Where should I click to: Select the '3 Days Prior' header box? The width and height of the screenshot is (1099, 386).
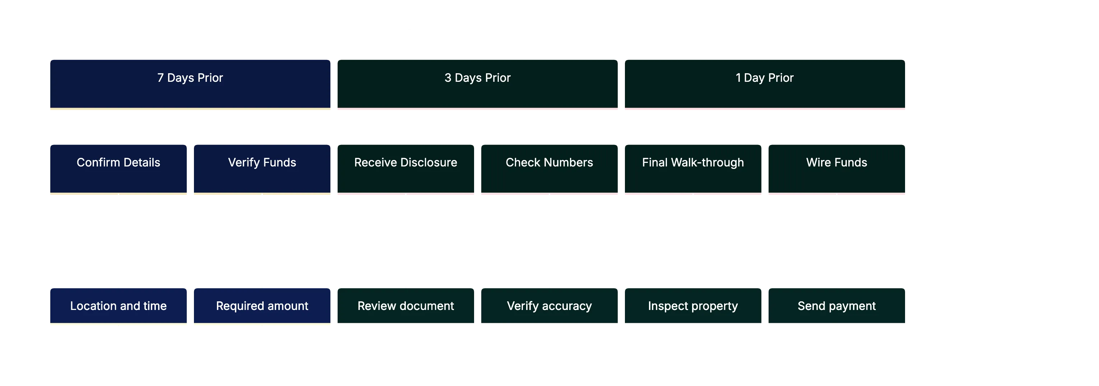click(x=477, y=84)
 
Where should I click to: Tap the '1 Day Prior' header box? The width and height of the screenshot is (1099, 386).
click(x=764, y=84)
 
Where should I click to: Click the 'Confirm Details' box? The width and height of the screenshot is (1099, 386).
click(x=118, y=169)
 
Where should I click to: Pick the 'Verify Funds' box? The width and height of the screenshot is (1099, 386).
click(x=261, y=169)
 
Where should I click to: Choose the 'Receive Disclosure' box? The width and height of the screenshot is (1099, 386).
click(x=405, y=169)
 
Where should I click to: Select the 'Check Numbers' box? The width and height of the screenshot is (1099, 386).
click(x=549, y=169)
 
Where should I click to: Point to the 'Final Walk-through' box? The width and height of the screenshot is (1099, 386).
click(x=692, y=169)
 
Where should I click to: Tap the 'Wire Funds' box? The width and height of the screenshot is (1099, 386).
click(x=836, y=169)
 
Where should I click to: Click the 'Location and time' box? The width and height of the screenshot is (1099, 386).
click(x=118, y=306)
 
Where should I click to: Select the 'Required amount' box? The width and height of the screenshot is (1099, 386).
click(x=261, y=306)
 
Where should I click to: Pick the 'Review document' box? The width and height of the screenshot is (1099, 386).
click(x=405, y=306)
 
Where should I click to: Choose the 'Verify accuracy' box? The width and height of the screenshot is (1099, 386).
click(x=549, y=306)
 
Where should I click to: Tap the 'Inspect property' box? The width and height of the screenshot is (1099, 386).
click(x=692, y=306)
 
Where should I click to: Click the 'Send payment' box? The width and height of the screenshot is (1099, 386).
click(x=836, y=306)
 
